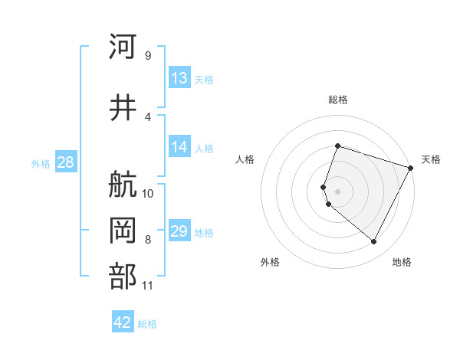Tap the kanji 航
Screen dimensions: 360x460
[x=123, y=184]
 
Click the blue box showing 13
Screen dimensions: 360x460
[x=179, y=78]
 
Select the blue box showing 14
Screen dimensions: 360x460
[x=179, y=148]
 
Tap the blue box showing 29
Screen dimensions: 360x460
[x=179, y=231]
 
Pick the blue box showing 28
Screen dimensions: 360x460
[x=65, y=162]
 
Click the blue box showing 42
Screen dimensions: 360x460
[x=123, y=322]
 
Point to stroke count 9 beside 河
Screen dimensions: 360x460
[x=147, y=55]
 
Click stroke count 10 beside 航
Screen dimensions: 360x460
[x=148, y=193]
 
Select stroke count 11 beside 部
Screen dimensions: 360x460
[x=148, y=286]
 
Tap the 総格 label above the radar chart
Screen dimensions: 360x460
[x=338, y=100]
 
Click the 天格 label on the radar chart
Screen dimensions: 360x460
[x=431, y=159]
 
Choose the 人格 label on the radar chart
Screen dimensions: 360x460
[x=245, y=159]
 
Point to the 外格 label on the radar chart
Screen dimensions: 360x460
[x=270, y=263]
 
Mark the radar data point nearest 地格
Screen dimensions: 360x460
[x=373, y=242]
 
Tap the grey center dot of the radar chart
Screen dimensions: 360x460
[x=337, y=191]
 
